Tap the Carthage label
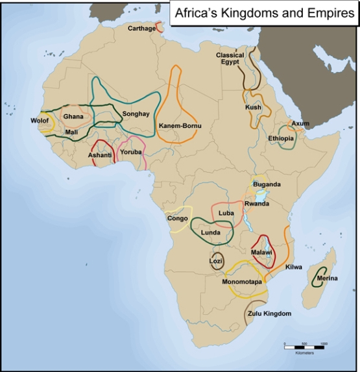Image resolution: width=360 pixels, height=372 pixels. tap(141, 29)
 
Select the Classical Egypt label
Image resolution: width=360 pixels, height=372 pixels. tap(230, 59)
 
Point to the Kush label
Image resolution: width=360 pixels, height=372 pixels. tap(253, 107)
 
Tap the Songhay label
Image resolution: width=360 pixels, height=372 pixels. tap(136, 114)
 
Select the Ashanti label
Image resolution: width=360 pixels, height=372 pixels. tap(100, 155)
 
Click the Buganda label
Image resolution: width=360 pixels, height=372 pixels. tap(267, 184)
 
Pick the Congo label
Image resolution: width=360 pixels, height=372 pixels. tap(177, 218)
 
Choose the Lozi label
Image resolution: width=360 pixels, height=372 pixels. tap(216, 261)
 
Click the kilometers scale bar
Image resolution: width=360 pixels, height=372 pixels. tap(306, 343)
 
